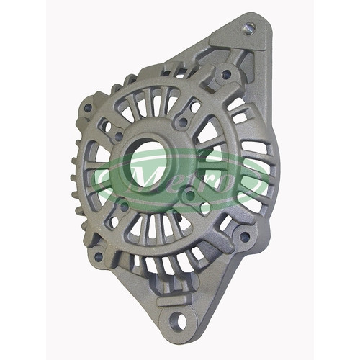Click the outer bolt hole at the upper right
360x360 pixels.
tap(226, 74)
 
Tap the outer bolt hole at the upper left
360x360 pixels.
tap(88, 107)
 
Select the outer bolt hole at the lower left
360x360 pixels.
tap(98, 257)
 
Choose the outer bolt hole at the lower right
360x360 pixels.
tap(245, 237)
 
